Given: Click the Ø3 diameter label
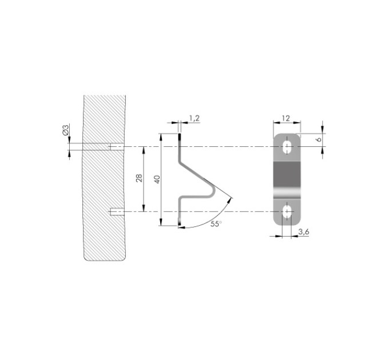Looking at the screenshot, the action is tap(65, 130).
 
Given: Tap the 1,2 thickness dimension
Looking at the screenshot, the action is tap(194, 118).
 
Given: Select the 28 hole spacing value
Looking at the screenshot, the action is tap(139, 178).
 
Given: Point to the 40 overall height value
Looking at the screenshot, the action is tap(157, 179).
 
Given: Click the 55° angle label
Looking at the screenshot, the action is tap(216, 224).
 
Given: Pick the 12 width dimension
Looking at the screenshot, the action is tap(286, 118).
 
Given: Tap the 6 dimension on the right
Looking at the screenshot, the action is tap(319, 139).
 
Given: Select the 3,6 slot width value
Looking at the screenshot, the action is tap(304, 232).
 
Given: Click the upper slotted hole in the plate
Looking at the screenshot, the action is tap(288, 147).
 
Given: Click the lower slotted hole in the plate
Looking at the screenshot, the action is tap(288, 211).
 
